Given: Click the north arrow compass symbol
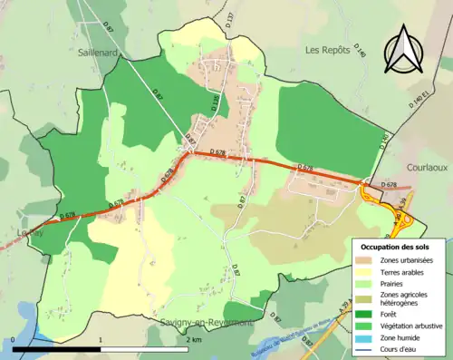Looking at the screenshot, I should (403, 51).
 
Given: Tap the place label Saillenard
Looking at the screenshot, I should (100, 54).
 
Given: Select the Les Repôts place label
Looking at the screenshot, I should (327, 49).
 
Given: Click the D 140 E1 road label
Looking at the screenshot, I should (418, 101).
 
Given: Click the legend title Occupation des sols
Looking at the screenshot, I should (396, 247).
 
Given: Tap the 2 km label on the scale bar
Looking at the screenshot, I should (195, 340).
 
